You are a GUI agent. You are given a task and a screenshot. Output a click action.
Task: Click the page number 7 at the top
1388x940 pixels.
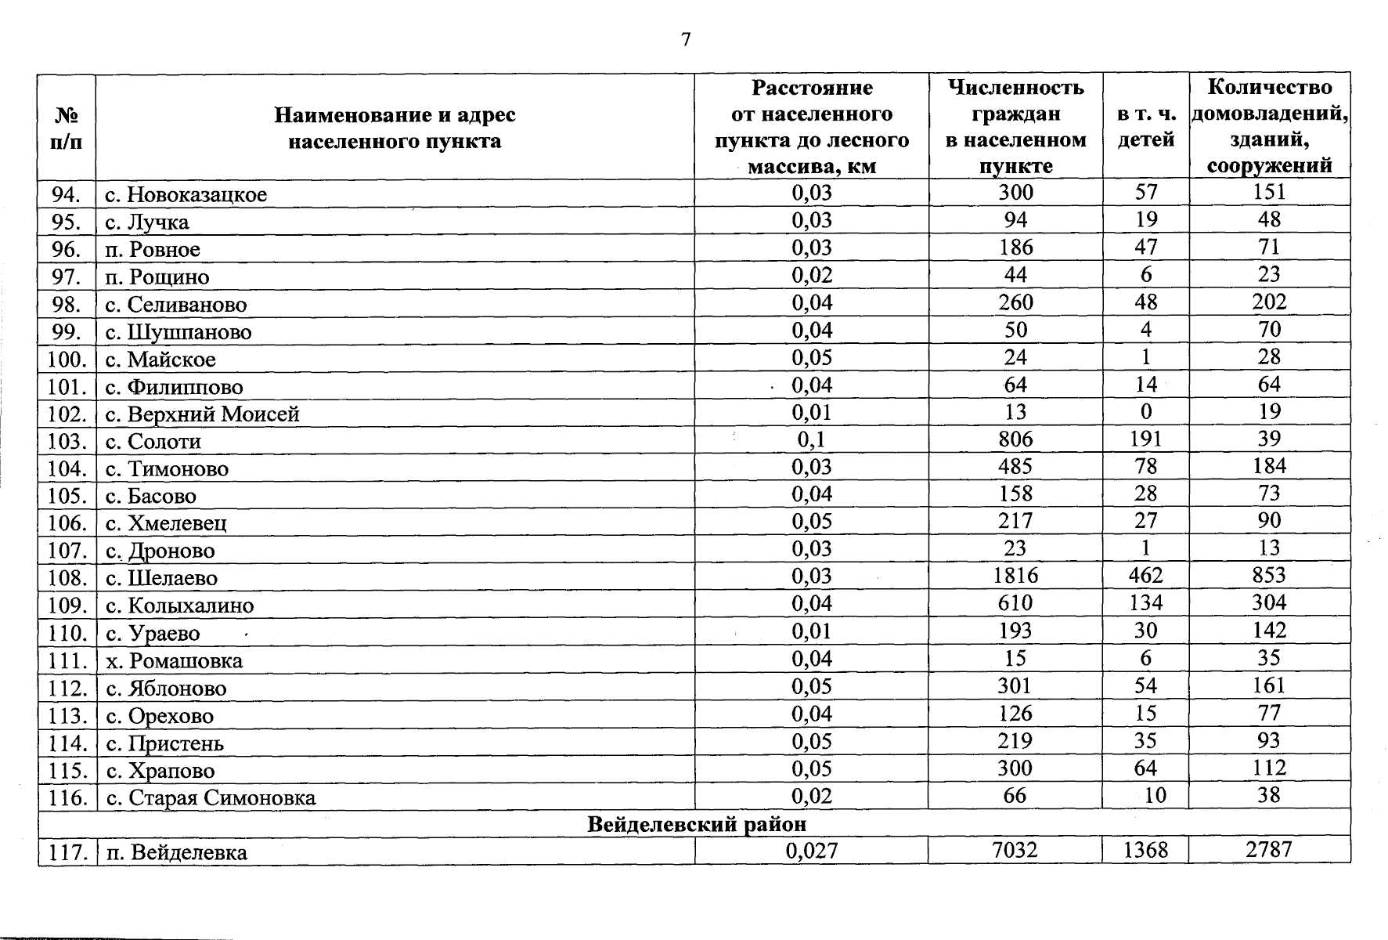(x=686, y=40)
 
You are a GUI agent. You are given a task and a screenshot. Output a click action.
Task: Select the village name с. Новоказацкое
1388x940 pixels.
(x=186, y=194)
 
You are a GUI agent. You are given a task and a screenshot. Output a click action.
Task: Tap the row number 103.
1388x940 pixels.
(x=67, y=441)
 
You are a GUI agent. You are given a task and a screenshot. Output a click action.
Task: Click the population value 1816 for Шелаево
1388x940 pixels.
(x=1015, y=576)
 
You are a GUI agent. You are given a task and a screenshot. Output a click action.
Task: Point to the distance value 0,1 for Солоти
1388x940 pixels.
(x=811, y=439)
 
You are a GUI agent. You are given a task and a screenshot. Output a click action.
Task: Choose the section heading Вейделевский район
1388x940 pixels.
(x=696, y=824)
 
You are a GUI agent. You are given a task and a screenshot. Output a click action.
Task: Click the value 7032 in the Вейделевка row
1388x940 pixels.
(x=1015, y=850)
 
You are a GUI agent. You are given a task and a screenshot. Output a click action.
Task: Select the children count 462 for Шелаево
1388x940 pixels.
(x=1145, y=576)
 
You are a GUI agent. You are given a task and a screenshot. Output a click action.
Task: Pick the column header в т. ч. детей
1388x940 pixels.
(x=1145, y=127)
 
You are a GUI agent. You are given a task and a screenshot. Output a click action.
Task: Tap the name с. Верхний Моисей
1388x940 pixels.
(x=203, y=414)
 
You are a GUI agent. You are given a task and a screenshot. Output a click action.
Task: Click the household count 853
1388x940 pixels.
(x=1268, y=576)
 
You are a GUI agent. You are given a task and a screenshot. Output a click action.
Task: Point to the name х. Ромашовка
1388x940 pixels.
(x=175, y=660)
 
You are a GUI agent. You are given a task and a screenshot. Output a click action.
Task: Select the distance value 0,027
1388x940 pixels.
(x=811, y=850)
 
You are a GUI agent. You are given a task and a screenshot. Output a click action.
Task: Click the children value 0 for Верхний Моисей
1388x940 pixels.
(x=1145, y=412)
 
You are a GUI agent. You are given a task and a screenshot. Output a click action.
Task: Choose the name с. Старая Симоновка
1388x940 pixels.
(x=211, y=797)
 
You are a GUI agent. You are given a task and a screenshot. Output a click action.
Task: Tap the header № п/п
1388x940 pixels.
(x=67, y=128)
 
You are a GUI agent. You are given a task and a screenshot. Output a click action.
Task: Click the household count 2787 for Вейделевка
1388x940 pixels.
(x=1268, y=850)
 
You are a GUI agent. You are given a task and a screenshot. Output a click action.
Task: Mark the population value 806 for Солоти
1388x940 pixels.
(x=1015, y=439)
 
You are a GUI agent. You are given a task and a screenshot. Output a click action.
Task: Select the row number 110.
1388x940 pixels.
(x=67, y=633)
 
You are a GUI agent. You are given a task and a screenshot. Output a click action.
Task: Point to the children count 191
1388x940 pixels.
(x=1145, y=439)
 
